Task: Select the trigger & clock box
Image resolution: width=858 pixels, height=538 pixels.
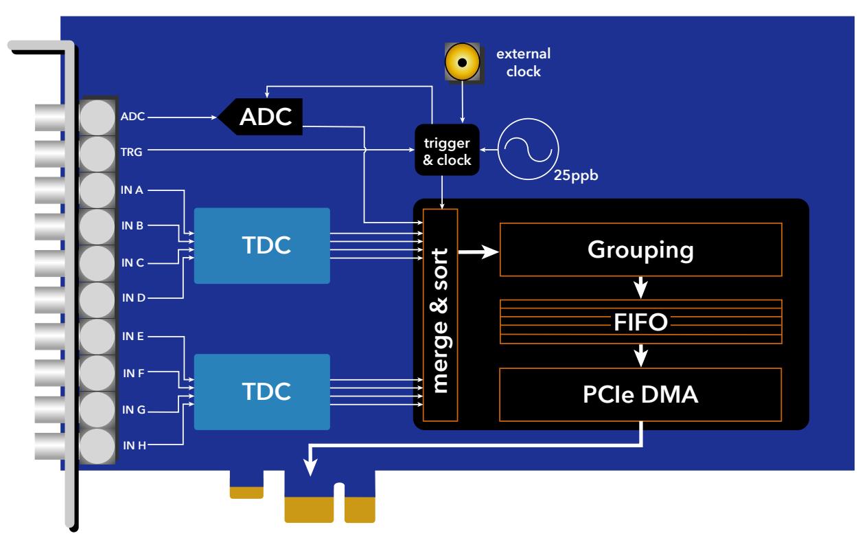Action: pos(446,149)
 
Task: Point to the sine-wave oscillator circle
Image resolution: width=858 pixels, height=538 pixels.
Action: pos(528,148)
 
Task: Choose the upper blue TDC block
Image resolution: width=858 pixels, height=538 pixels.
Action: pos(262,245)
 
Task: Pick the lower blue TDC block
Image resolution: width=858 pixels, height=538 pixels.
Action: pos(262,391)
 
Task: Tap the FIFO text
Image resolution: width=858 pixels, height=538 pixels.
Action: pos(640,321)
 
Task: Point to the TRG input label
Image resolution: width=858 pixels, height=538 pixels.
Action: pos(132,153)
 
